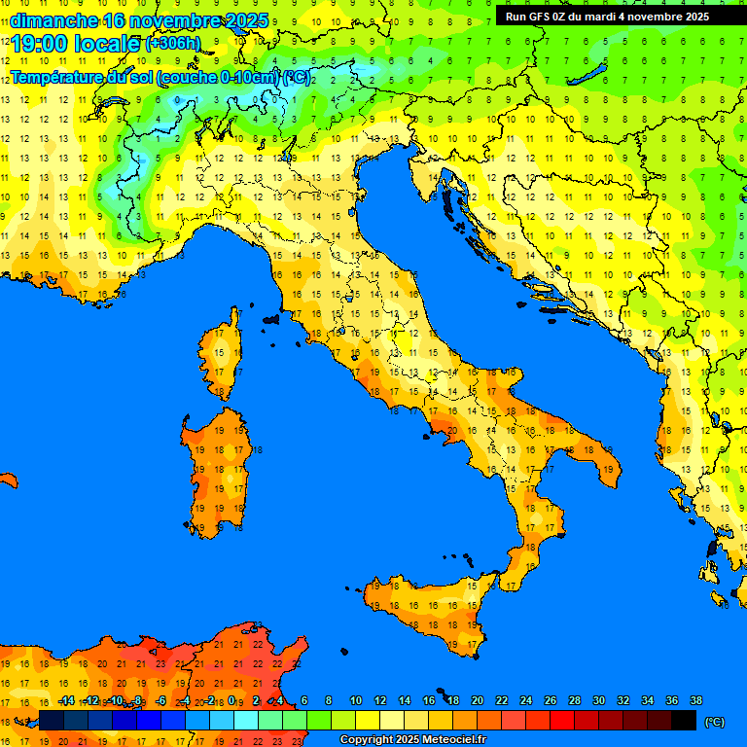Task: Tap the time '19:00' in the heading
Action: click(x=41, y=44)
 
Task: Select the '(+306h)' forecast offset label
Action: click(x=173, y=44)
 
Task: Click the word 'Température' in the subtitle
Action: click(x=58, y=77)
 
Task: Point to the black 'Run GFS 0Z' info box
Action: click(x=607, y=16)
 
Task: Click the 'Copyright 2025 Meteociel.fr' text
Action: click(x=412, y=740)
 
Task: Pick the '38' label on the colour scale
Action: click(x=695, y=701)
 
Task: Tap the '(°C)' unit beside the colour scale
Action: click(x=715, y=722)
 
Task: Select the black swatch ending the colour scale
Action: click(x=684, y=721)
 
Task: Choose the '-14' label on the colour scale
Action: click(x=66, y=701)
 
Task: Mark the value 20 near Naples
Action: click(x=451, y=428)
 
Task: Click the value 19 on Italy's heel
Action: click(x=608, y=470)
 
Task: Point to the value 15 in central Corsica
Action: click(x=221, y=353)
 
